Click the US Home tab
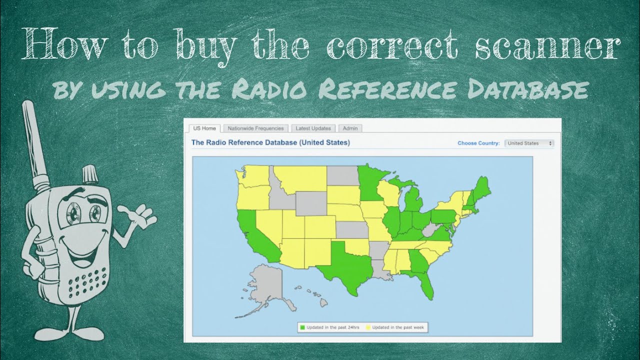[x=204, y=128]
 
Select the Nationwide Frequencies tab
[x=255, y=128]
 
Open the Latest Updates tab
[x=313, y=128]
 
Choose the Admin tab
[x=350, y=128]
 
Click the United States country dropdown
[x=529, y=143]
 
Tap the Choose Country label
[x=478, y=143]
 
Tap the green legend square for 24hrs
[x=302, y=327]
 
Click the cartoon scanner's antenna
[x=35, y=140]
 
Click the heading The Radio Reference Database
[x=270, y=142]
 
